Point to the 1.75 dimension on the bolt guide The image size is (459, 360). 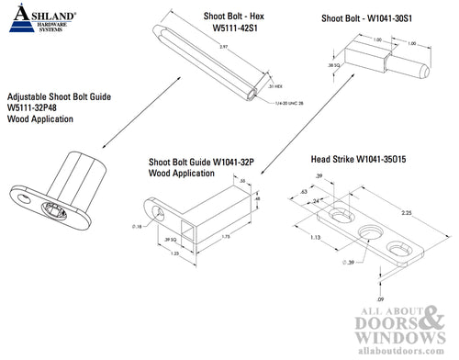(226, 236)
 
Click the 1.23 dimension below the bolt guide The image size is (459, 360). (174, 252)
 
